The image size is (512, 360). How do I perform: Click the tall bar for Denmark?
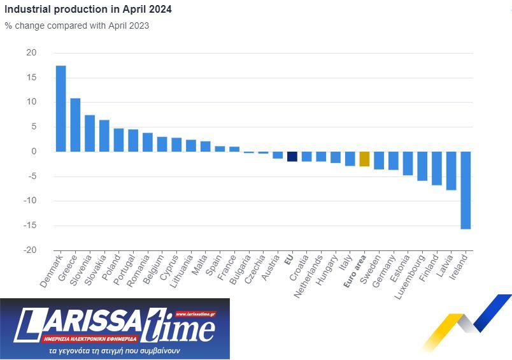[x=60, y=108]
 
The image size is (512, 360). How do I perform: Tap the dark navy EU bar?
[x=292, y=156]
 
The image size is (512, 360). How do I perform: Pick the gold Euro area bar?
[x=364, y=159]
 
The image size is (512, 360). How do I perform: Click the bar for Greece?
[x=75, y=125]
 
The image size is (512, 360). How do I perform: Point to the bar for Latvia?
[x=451, y=171]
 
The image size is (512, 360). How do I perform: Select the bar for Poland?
[x=118, y=140]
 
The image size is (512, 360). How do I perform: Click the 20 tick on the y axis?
[x=31, y=53]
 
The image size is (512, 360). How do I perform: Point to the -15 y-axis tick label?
[x=29, y=226]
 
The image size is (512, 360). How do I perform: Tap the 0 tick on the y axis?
[x=34, y=152]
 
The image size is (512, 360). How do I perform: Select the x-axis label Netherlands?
[x=309, y=277]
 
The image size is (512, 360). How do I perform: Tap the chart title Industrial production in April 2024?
[x=88, y=10]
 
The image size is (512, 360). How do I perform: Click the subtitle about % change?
[x=76, y=26]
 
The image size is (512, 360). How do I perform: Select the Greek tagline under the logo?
[x=115, y=350]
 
